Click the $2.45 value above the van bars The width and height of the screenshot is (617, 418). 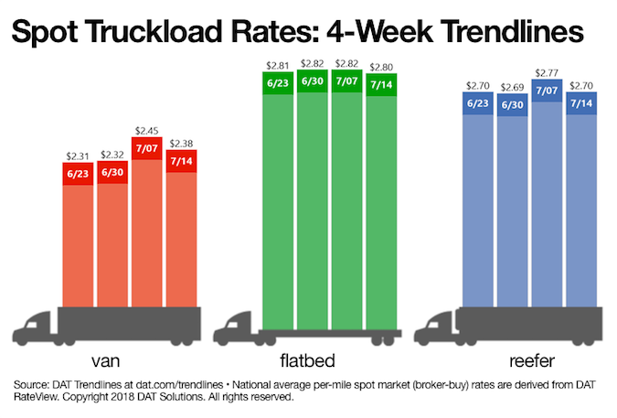tap(146, 131)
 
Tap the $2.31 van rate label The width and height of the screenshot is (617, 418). tap(79, 156)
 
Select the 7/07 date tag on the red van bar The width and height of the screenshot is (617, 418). tap(146, 147)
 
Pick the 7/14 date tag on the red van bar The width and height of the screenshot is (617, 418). tap(181, 162)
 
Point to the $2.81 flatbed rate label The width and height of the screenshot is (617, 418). tap(277, 64)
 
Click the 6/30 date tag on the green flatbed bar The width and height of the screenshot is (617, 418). tap(312, 80)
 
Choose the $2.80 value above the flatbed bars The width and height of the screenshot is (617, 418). tap(379, 66)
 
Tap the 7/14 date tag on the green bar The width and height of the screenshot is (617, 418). tap(379, 82)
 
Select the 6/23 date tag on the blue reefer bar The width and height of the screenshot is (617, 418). tap(477, 103)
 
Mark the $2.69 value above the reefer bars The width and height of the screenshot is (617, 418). tap(512, 87)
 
